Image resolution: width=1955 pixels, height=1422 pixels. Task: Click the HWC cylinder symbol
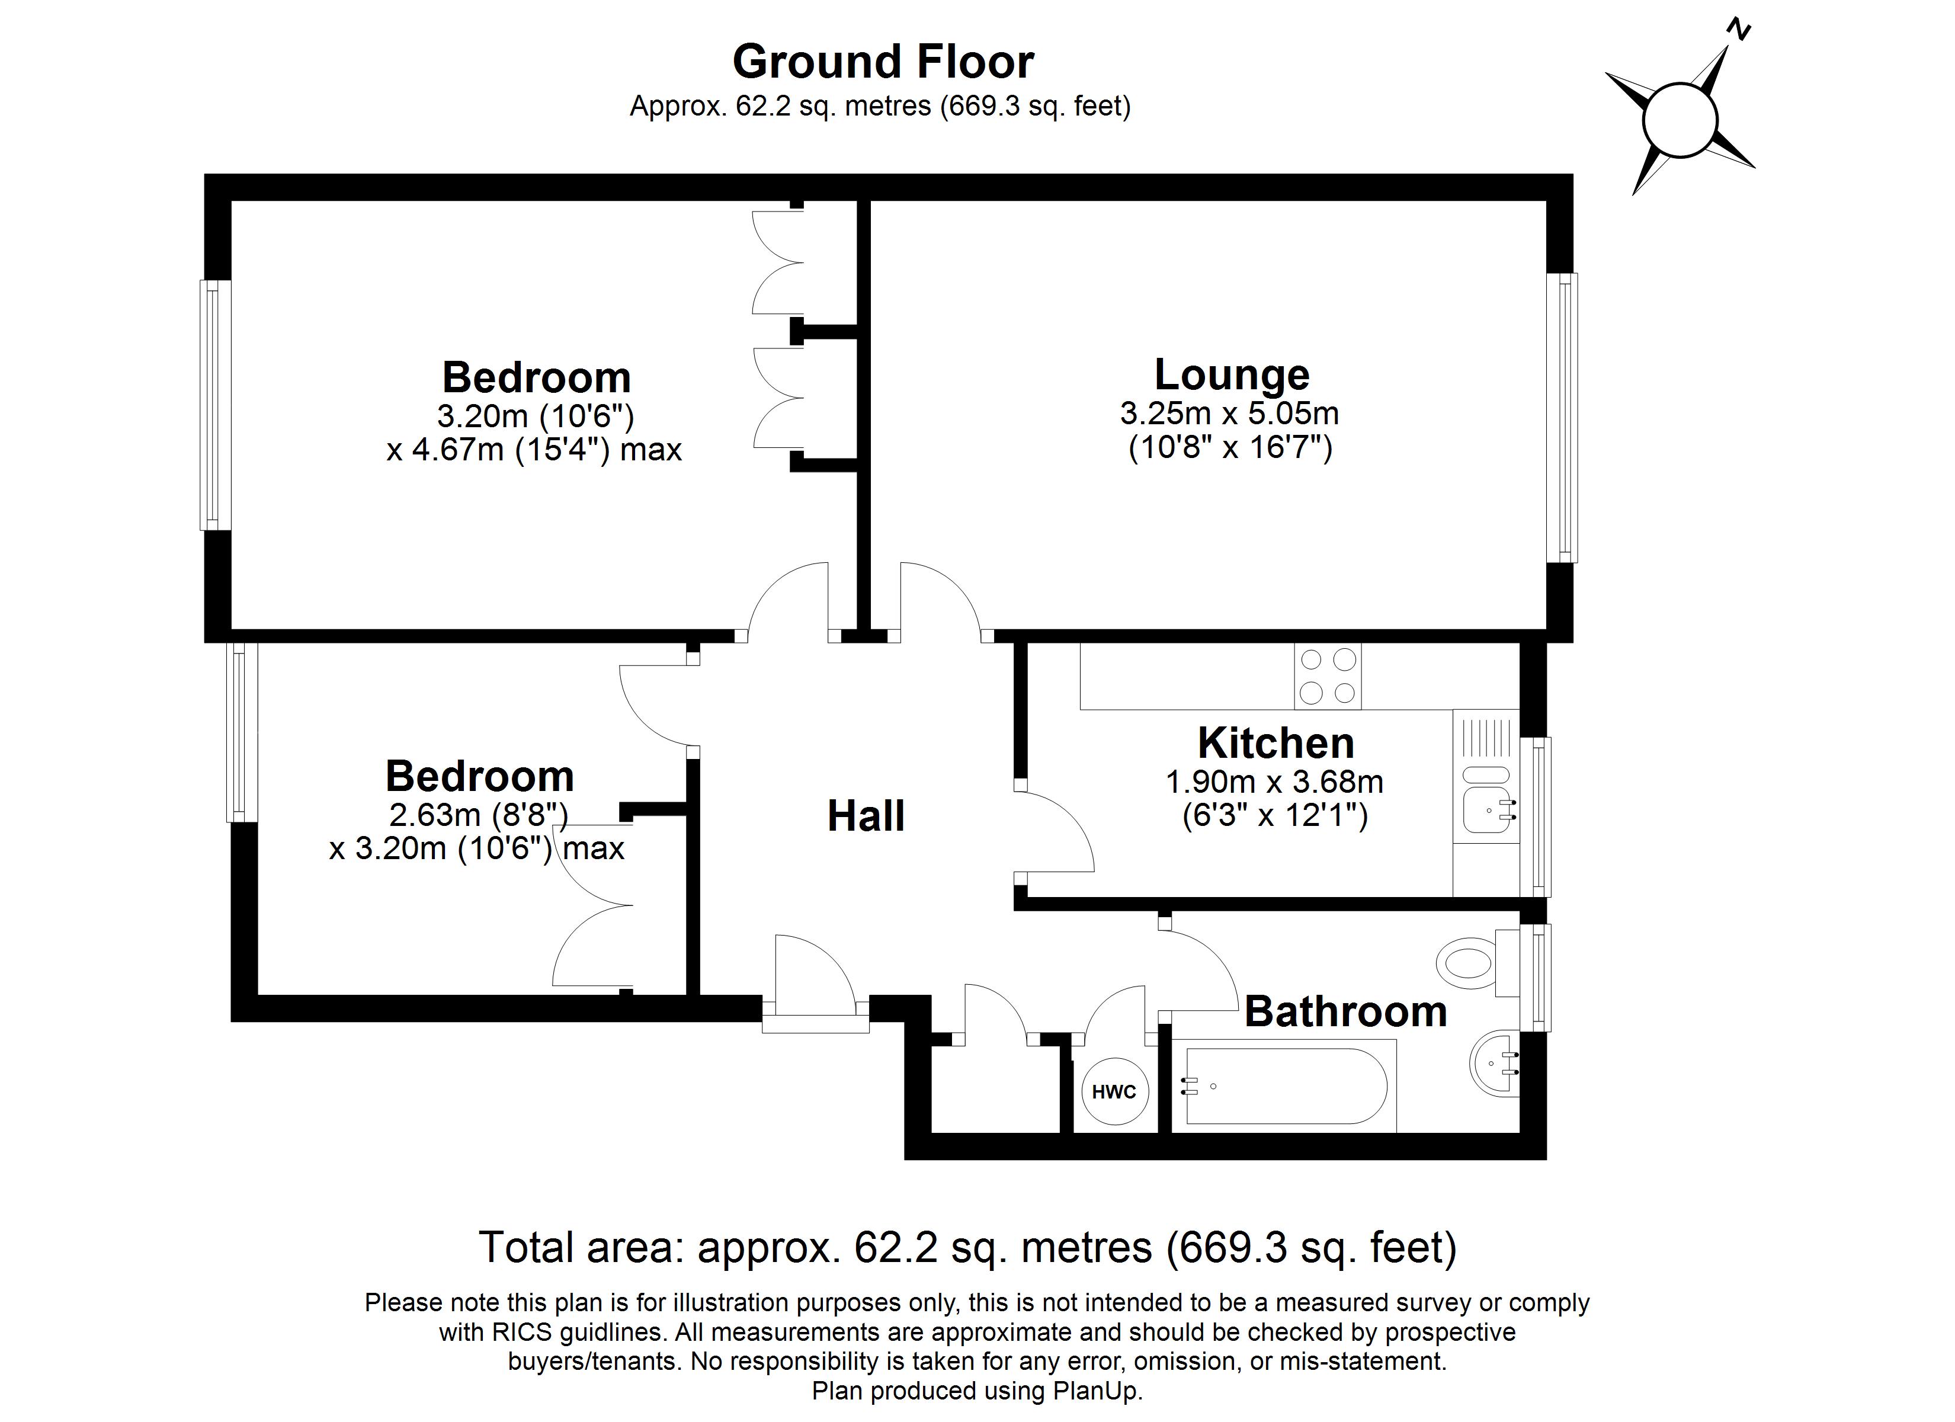1114,1092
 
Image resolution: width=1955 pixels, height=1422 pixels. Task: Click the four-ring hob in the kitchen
1328,676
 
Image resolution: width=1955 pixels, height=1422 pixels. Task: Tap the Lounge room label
1232,374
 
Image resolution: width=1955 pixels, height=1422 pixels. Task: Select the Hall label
866,816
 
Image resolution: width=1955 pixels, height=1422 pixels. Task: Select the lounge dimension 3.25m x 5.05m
1229,414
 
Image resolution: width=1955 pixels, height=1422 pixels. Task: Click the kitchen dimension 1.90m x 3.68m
1275,782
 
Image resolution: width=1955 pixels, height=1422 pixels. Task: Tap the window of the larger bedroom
216,405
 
